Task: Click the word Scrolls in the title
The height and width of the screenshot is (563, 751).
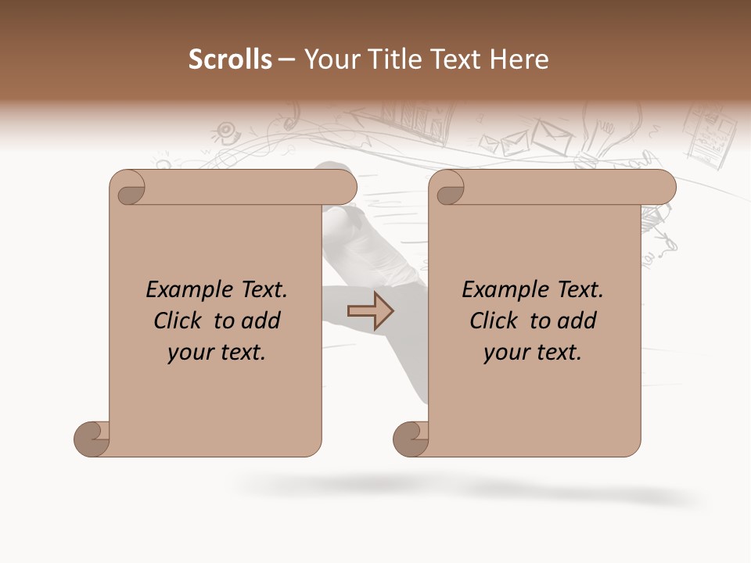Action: click(x=231, y=59)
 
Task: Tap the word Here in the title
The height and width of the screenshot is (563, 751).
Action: click(x=519, y=59)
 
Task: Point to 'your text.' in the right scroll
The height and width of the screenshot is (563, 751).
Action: click(x=533, y=353)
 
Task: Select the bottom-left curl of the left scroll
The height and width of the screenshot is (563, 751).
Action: click(x=92, y=439)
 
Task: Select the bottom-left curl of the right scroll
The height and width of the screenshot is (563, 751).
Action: click(x=411, y=439)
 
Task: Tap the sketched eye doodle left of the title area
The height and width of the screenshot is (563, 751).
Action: click(x=226, y=129)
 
